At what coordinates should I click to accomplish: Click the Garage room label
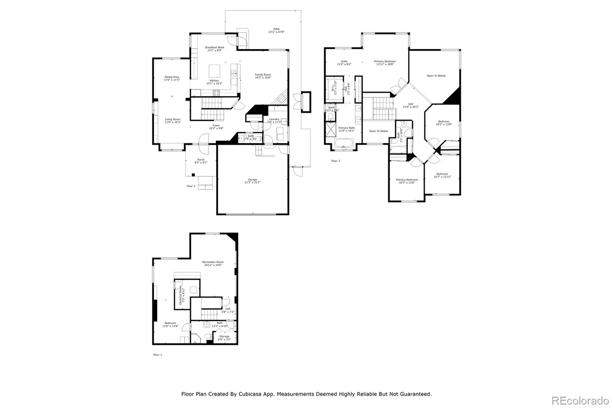click(x=252, y=181)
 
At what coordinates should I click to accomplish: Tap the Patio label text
click(x=276, y=30)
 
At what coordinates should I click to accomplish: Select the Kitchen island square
click(x=215, y=71)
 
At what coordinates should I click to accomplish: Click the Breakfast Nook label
click(x=215, y=49)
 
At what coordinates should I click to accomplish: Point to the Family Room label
click(x=263, y=76)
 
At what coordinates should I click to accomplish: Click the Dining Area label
click(x=172, y=78)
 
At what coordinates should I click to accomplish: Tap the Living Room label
click(x=172, y=121)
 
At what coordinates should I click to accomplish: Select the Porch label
click(x=201, y=161)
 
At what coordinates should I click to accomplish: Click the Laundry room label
click(x=274, y=120)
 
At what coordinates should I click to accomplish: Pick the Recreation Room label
click(x=213, y=263)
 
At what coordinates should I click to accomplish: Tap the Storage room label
click(x=224, y=338)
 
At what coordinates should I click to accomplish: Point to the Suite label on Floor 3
click(x=344, y=62)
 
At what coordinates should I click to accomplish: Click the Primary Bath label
click(x=346, y=129)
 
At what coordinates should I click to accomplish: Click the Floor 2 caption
click(x=191, y=186)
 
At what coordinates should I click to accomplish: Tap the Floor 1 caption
click(x=157, y=355)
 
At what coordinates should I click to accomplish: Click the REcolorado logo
click(x=580, y=401)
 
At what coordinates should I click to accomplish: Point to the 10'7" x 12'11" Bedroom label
click(x=442, y=175)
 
